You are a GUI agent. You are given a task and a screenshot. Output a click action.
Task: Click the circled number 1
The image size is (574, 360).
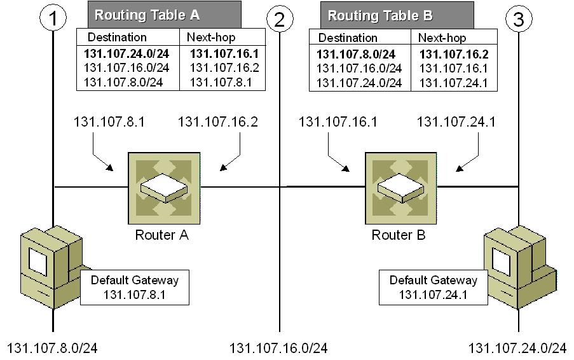coord(56,18)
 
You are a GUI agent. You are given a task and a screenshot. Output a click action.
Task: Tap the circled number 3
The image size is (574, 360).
coord(518,19)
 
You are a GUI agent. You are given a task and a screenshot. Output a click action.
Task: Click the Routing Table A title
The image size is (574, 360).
coord(137,14)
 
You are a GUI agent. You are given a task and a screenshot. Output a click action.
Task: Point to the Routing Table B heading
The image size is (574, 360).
coord(371,15)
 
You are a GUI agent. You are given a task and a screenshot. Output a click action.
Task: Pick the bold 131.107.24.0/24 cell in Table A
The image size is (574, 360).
coord(127,53)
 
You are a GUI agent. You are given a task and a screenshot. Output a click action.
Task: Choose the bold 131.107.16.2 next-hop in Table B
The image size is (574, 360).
coord(451,54)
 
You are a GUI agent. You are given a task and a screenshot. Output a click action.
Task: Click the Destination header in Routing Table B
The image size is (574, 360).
coord(348,38)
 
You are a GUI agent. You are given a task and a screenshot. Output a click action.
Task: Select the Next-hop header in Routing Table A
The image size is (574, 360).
coord(210,37)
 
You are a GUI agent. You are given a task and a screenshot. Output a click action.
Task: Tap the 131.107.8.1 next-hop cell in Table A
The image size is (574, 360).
coord(216,81)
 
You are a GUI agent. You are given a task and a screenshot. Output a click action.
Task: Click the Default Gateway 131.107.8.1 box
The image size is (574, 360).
coord(135,287)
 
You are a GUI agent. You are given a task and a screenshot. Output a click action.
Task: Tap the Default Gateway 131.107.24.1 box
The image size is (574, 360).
coord(434,287)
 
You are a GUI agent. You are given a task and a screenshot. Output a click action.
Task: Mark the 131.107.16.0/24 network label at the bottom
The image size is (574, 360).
coord(278,348)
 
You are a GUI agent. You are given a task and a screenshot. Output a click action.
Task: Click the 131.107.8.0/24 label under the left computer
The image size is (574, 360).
coord(53,348)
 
